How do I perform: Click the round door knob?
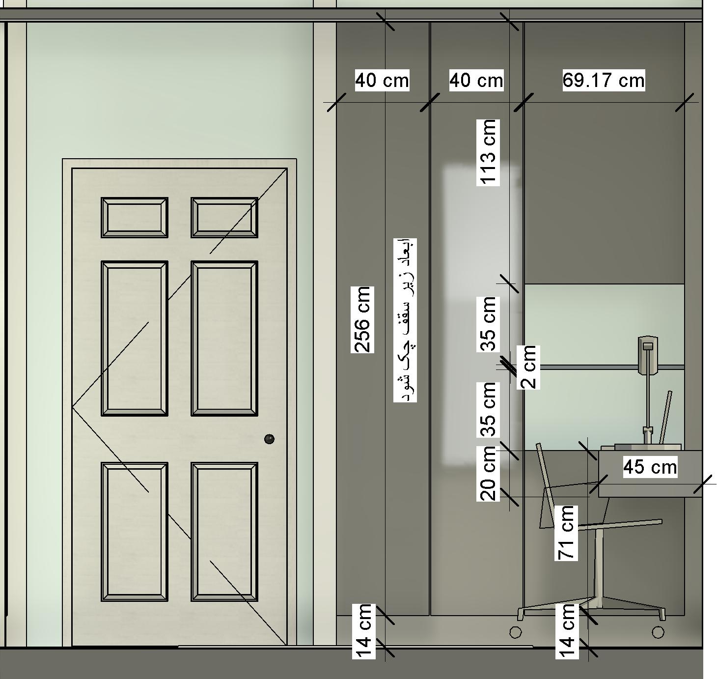[x=269, y=439]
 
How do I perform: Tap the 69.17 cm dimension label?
[x=603, y=80]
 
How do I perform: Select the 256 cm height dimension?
[x=362, y=320]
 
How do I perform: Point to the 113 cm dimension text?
[x=488, y=152]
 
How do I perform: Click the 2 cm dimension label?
[x=528, y=368]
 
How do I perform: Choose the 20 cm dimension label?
[x=488, y=473]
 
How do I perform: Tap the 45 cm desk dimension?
[x=650, y=467]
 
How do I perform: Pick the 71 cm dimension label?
[x=566, y=533]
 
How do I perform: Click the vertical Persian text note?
[x=405, y=320]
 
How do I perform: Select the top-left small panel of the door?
[x=135, y=218]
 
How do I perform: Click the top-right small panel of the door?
[x=224, y=218]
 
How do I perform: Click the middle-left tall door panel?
[x=135, y=338]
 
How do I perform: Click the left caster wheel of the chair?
[x=515, y=632]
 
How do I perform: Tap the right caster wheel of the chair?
[x=658, y=632]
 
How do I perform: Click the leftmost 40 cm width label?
[x=382, y=80]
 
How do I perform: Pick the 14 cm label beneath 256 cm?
[x=363, y=631]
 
